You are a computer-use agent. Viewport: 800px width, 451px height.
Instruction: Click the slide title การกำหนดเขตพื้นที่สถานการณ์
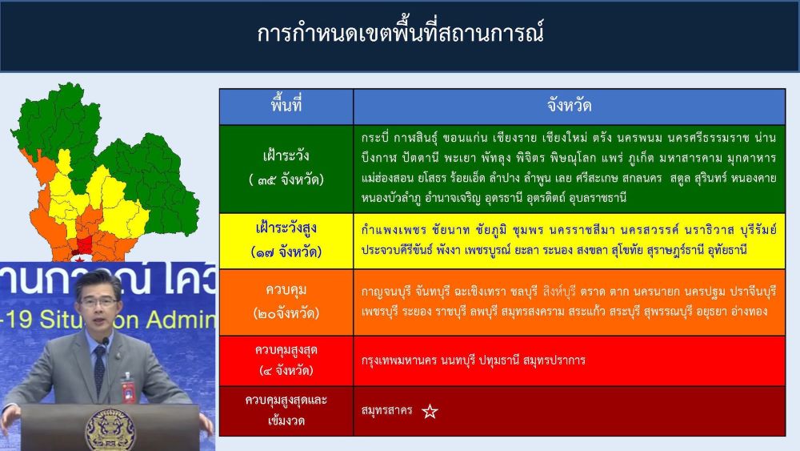[400, 33]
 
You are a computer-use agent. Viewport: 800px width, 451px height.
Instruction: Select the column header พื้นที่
[286, 105]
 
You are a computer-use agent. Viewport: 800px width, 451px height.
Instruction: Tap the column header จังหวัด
[569, 106]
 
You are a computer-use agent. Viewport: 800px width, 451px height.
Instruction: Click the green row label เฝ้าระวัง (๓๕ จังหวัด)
[286, 167]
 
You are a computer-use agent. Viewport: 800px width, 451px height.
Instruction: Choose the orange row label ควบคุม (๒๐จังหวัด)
[286, 301]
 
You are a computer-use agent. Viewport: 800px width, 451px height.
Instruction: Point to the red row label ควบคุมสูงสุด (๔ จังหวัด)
[286, 360]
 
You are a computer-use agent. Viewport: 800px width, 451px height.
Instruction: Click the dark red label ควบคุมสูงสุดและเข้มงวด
[286, 410]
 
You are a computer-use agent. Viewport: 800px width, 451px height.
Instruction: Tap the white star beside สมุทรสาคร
[430, 411]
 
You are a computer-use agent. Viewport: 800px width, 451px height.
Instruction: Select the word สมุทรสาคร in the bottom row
[386, 411]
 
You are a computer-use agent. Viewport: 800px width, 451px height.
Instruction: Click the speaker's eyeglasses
[98, 302]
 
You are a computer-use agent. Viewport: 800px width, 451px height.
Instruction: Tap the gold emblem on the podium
[110, 429]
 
